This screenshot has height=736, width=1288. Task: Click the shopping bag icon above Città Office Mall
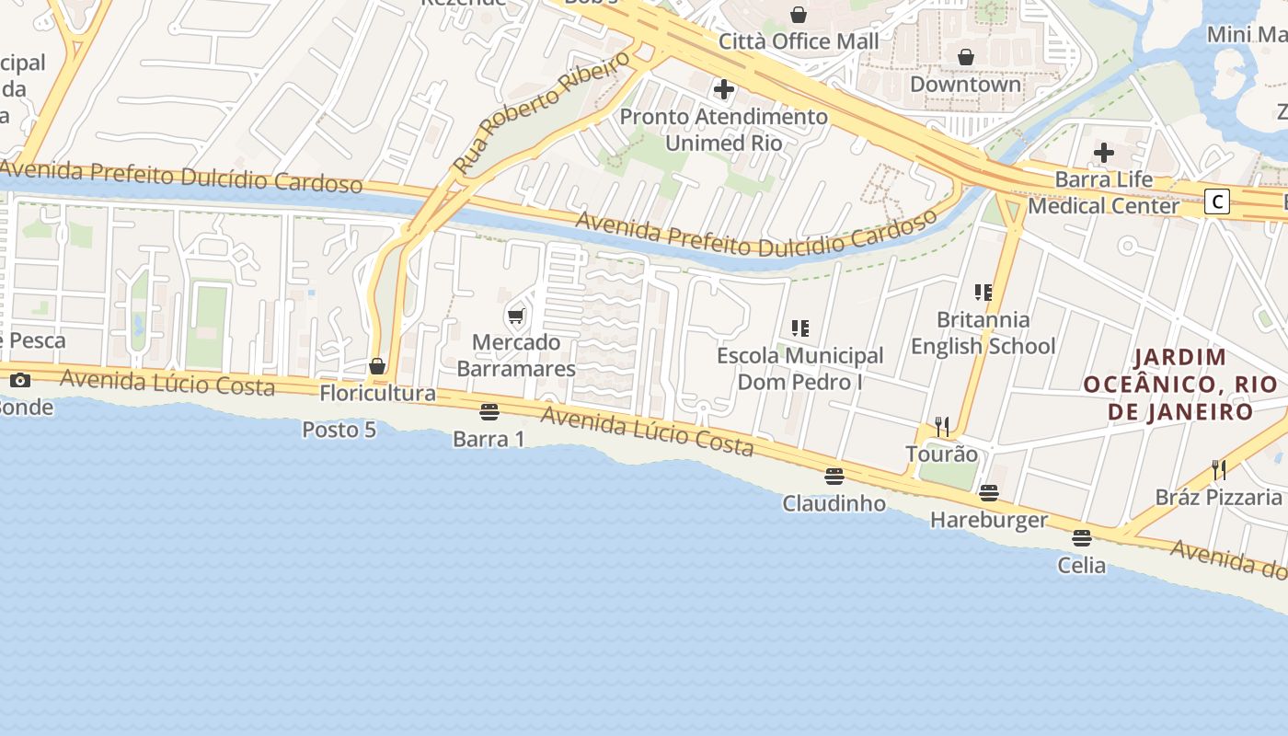coord(799,15)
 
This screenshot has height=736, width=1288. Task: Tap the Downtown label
coord(965,84)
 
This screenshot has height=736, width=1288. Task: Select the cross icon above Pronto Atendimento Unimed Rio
coord(724,89)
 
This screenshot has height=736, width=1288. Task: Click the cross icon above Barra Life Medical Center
coord(1103,152)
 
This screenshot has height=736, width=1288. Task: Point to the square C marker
coord(1217,201)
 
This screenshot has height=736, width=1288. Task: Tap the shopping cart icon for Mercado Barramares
coord(516,316)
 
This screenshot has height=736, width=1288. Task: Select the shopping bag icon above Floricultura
coord(377,366)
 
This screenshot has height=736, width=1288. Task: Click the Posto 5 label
coord(339,430)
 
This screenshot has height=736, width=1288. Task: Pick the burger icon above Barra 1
coord(489,411)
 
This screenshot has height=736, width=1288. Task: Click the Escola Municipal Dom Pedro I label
coord(799,368)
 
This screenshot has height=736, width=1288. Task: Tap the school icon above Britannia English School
coord(983,293)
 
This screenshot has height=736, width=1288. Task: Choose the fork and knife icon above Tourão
coord(941,427)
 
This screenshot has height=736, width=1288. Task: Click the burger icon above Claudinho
coord(834,477)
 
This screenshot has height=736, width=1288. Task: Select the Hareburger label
coord(988,520)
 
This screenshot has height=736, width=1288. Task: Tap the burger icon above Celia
coord(1082,537)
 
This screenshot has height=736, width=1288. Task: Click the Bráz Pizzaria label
coord(1218,498)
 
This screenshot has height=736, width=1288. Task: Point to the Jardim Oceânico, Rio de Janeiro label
coord(1180,384)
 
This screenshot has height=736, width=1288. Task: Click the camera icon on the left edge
coord(20,380)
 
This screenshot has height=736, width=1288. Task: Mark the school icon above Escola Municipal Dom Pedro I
coord(799,328)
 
